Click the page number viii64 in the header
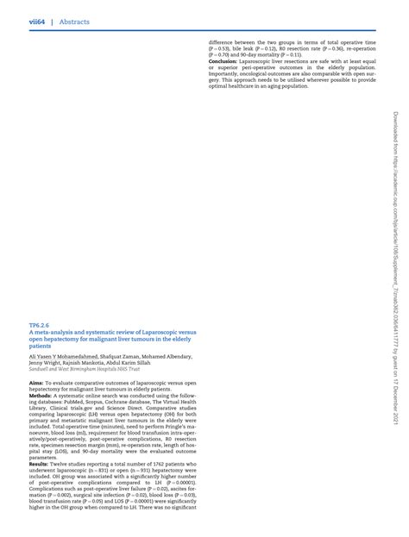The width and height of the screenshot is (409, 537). pyautogui.click(x=38, y=22)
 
